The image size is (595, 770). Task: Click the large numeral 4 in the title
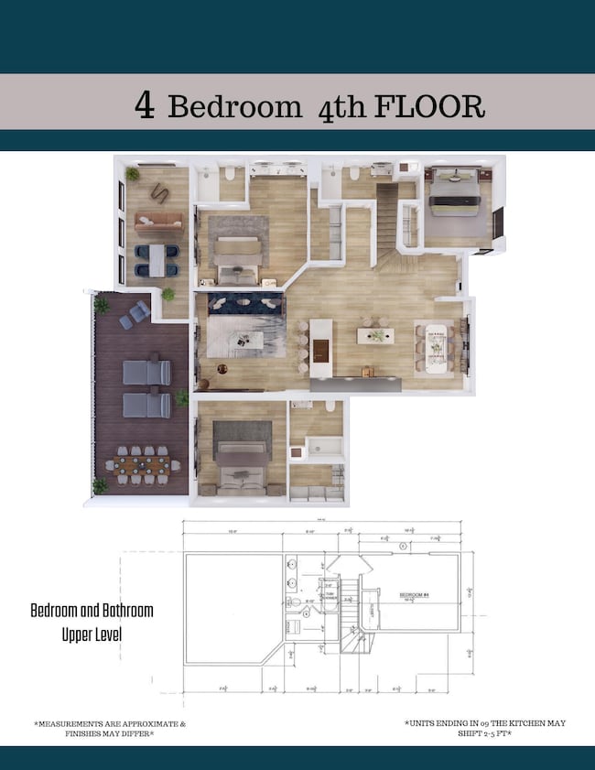[x=145, y=104]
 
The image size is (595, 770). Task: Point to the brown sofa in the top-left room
[x=158, y=221]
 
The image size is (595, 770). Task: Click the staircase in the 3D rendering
[x=388, y=224]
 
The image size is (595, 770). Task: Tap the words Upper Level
[x=92, y=634]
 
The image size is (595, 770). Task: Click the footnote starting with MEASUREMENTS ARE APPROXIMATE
[x=110, y=728]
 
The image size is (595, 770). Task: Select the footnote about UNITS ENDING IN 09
[x=484, y=728]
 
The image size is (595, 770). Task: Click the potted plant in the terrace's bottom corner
[x=101, y=485]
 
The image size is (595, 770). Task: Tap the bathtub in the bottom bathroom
[x=323, y=448]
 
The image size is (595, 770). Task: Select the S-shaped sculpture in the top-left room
[x=158, y=190]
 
